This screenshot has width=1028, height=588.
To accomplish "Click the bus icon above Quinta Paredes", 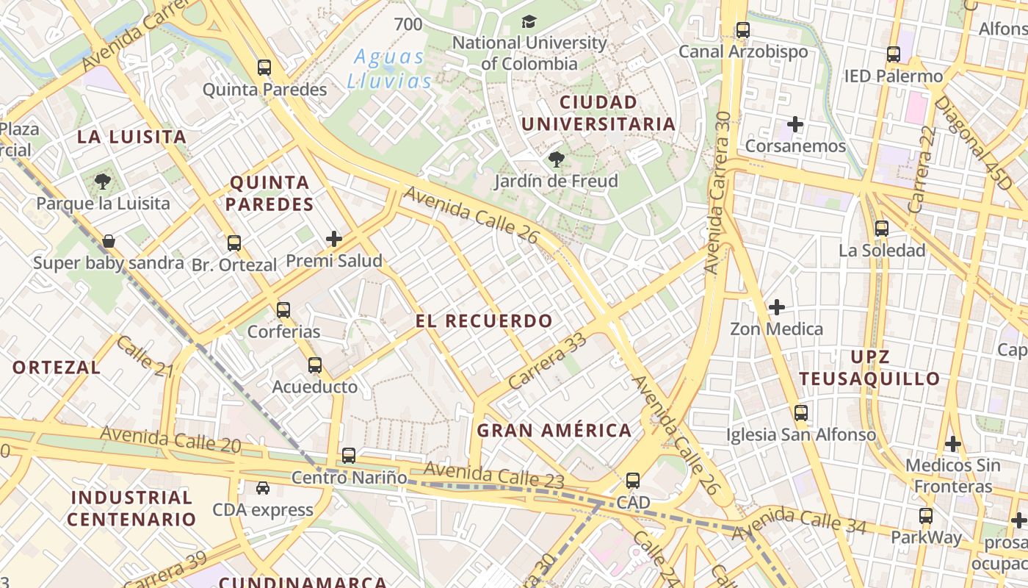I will (264, 68).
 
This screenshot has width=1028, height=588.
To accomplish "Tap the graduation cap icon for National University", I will (528, 22).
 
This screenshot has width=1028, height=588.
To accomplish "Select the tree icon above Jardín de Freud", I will (557, 159).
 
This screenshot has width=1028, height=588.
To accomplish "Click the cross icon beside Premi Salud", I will (334, 239).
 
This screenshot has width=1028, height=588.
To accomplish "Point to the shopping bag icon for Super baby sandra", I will (109, 241).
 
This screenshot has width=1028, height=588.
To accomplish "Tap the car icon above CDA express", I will (262, 488).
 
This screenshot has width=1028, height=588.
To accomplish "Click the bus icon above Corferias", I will (283, 310).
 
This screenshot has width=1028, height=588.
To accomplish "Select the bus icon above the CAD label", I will (633, 481).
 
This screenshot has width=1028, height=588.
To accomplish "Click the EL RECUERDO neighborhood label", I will (483, 321).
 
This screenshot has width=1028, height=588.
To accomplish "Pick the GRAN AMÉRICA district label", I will (554, 431).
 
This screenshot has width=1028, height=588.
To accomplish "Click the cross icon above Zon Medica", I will (776, 306).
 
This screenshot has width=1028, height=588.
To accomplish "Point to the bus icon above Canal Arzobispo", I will (743, 30).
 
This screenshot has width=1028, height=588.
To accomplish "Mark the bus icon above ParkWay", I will (926, 516).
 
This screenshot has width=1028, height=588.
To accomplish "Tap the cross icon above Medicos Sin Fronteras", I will (952, 444).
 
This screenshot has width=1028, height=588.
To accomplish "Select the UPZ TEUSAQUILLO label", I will (869, 368).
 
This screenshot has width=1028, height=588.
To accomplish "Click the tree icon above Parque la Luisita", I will (103, 182).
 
